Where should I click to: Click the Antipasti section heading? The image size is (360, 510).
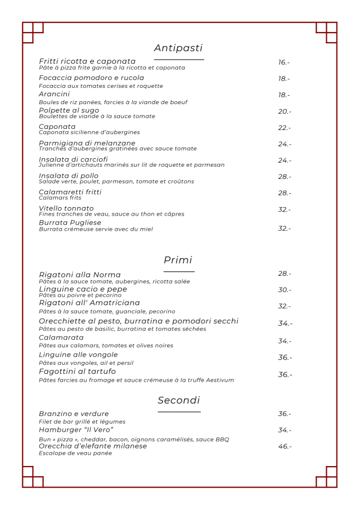click(x=178, y=48)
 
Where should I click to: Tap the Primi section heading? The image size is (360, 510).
click(x=178, y=260)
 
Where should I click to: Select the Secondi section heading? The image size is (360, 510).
click(x=179, y=400)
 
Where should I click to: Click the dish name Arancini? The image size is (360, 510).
click(x=55, y=94)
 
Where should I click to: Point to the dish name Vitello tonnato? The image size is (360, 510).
click(x=66, y=208)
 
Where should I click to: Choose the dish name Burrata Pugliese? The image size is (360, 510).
click(x=70, y=222)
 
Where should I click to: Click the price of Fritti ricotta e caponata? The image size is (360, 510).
click(x=284, y=62)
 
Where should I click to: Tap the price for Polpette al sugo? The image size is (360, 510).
click(x=285, y=111)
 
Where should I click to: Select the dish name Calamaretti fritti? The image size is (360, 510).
click(x=70, y=192)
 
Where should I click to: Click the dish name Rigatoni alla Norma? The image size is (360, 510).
click(x=80, y=275)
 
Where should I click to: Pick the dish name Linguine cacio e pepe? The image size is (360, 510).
click(x=83, y=289)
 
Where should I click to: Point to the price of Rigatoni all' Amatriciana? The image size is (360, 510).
click(x=285, y=306)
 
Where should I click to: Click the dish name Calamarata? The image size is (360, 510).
click(x=61, y=337)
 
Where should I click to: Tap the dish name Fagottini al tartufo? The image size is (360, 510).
click(x=78, y=372)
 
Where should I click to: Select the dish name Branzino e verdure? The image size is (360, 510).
click(x=74, y=414)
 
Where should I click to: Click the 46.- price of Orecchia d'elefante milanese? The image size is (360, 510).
click(x=285, y=446)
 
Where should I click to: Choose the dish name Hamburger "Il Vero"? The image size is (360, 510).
click(x=76, y=430)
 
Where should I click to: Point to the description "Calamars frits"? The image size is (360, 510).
click(x=60, y=198)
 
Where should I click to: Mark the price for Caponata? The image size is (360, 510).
click(x=285, y=128)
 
